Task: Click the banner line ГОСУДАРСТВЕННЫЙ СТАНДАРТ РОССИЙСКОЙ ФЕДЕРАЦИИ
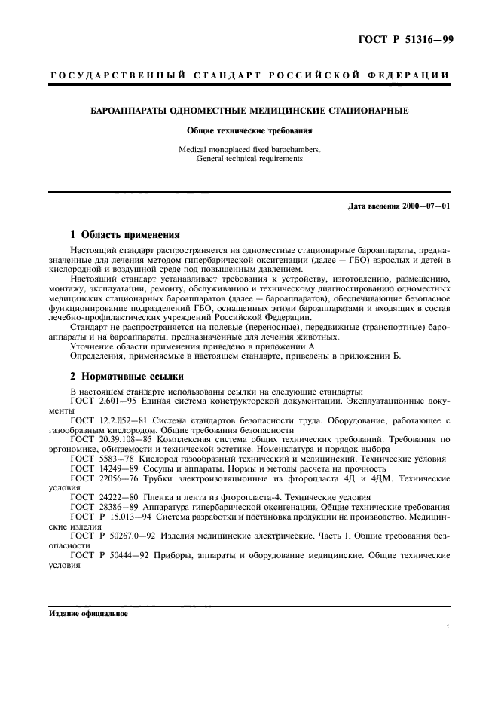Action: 249,76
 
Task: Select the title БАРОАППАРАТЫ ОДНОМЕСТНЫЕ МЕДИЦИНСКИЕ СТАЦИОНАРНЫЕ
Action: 249,111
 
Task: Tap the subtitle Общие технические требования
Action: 249,130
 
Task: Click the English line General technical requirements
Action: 249,159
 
